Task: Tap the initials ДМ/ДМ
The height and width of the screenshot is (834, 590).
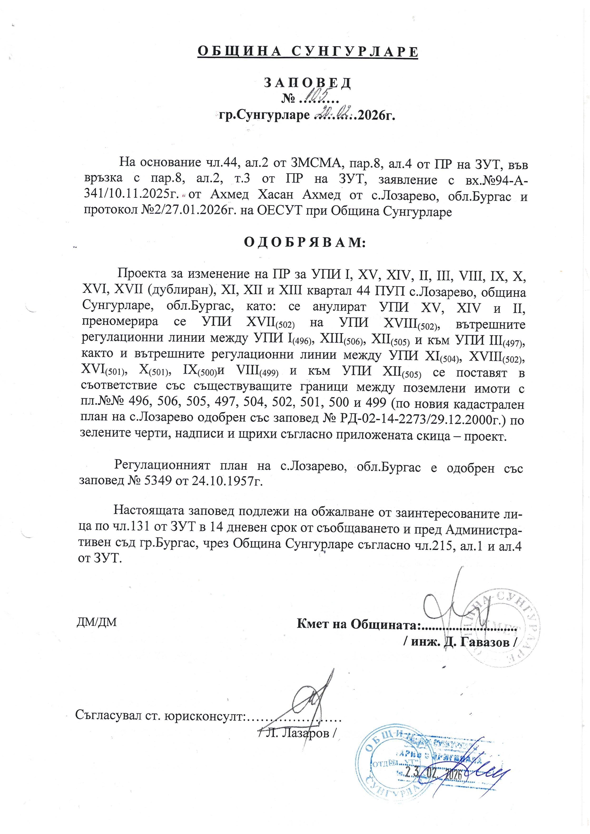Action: [x=97, y=622]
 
